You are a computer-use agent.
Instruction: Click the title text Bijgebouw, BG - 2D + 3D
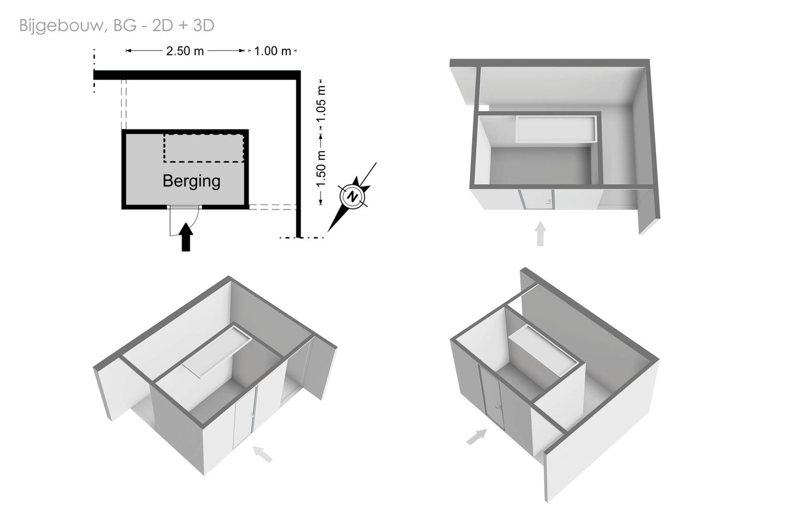coord(117,26)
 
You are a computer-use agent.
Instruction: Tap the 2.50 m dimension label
coord(185,51)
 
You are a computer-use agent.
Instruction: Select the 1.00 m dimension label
coord(272,51)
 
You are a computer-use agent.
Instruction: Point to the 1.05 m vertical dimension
coord(320,104)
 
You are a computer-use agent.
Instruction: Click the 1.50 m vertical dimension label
coord(320,169)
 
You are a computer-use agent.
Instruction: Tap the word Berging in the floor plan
coord(191,181)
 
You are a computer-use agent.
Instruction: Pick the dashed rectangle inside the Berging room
coord(204,148)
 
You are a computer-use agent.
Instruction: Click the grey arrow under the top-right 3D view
coord(540,234)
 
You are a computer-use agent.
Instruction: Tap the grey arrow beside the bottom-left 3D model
coord(263,454)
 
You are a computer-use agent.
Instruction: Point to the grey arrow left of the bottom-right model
coord(476,437)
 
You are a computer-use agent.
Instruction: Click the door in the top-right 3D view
coord(537,200)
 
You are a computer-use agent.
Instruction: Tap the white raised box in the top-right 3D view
coord(556,129)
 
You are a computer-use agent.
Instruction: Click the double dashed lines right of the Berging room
coord(272,207)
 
